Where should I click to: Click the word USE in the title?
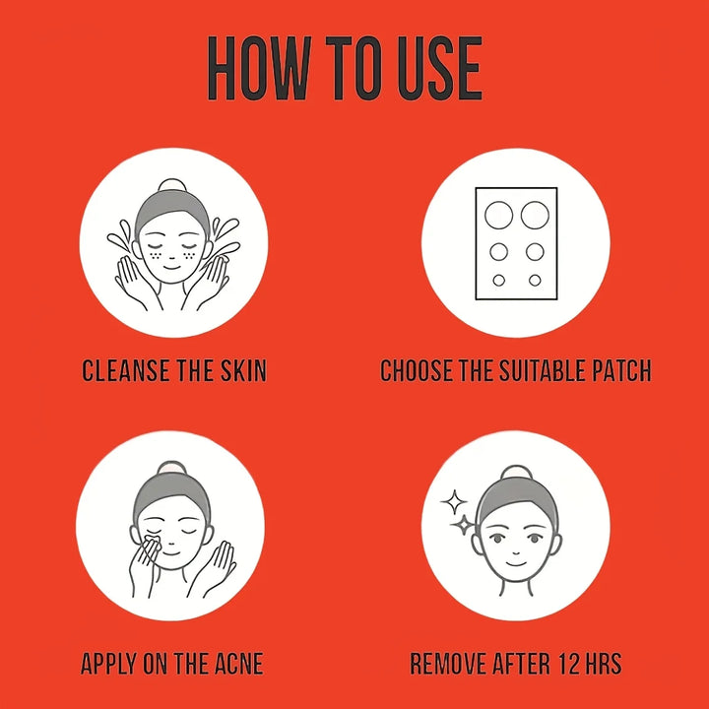click(439, 68)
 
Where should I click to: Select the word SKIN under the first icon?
click(243, 370)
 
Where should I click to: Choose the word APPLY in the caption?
click(108, 664)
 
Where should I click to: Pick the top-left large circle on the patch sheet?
click(498, 215)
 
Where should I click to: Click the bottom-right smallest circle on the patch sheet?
click(535, 281)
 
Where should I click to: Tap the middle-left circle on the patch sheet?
click(498, 252)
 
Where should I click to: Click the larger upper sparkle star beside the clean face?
click(454, 502)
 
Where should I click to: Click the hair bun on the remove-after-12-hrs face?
click(517, 473)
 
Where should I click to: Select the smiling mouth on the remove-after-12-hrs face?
click(516, 564)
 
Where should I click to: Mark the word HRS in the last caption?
click(604, 664)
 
